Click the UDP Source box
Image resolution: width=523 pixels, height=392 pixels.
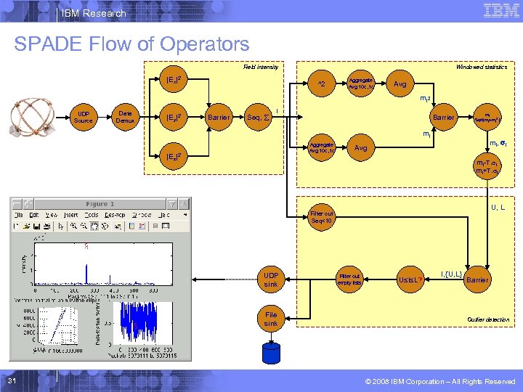click(84, 117)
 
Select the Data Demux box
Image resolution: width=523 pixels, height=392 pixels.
click(125, 117)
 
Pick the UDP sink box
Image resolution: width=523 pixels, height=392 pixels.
click(271, 279)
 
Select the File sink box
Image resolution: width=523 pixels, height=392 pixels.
click(271, 319)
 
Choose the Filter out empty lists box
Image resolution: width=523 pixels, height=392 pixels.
click(349, 279)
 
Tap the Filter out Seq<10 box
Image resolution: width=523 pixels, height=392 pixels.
click(322, 218)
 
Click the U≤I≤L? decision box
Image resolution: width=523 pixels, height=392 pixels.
click(411, 279)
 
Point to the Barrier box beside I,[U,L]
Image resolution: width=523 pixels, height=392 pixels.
click(477, 279)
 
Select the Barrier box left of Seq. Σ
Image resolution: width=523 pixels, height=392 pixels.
click(219, 117)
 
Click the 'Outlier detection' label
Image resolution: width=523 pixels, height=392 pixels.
click(488, 319)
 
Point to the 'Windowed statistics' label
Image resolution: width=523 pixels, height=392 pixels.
click(481, 67)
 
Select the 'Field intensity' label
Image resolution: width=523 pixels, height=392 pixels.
click(260, 67)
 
